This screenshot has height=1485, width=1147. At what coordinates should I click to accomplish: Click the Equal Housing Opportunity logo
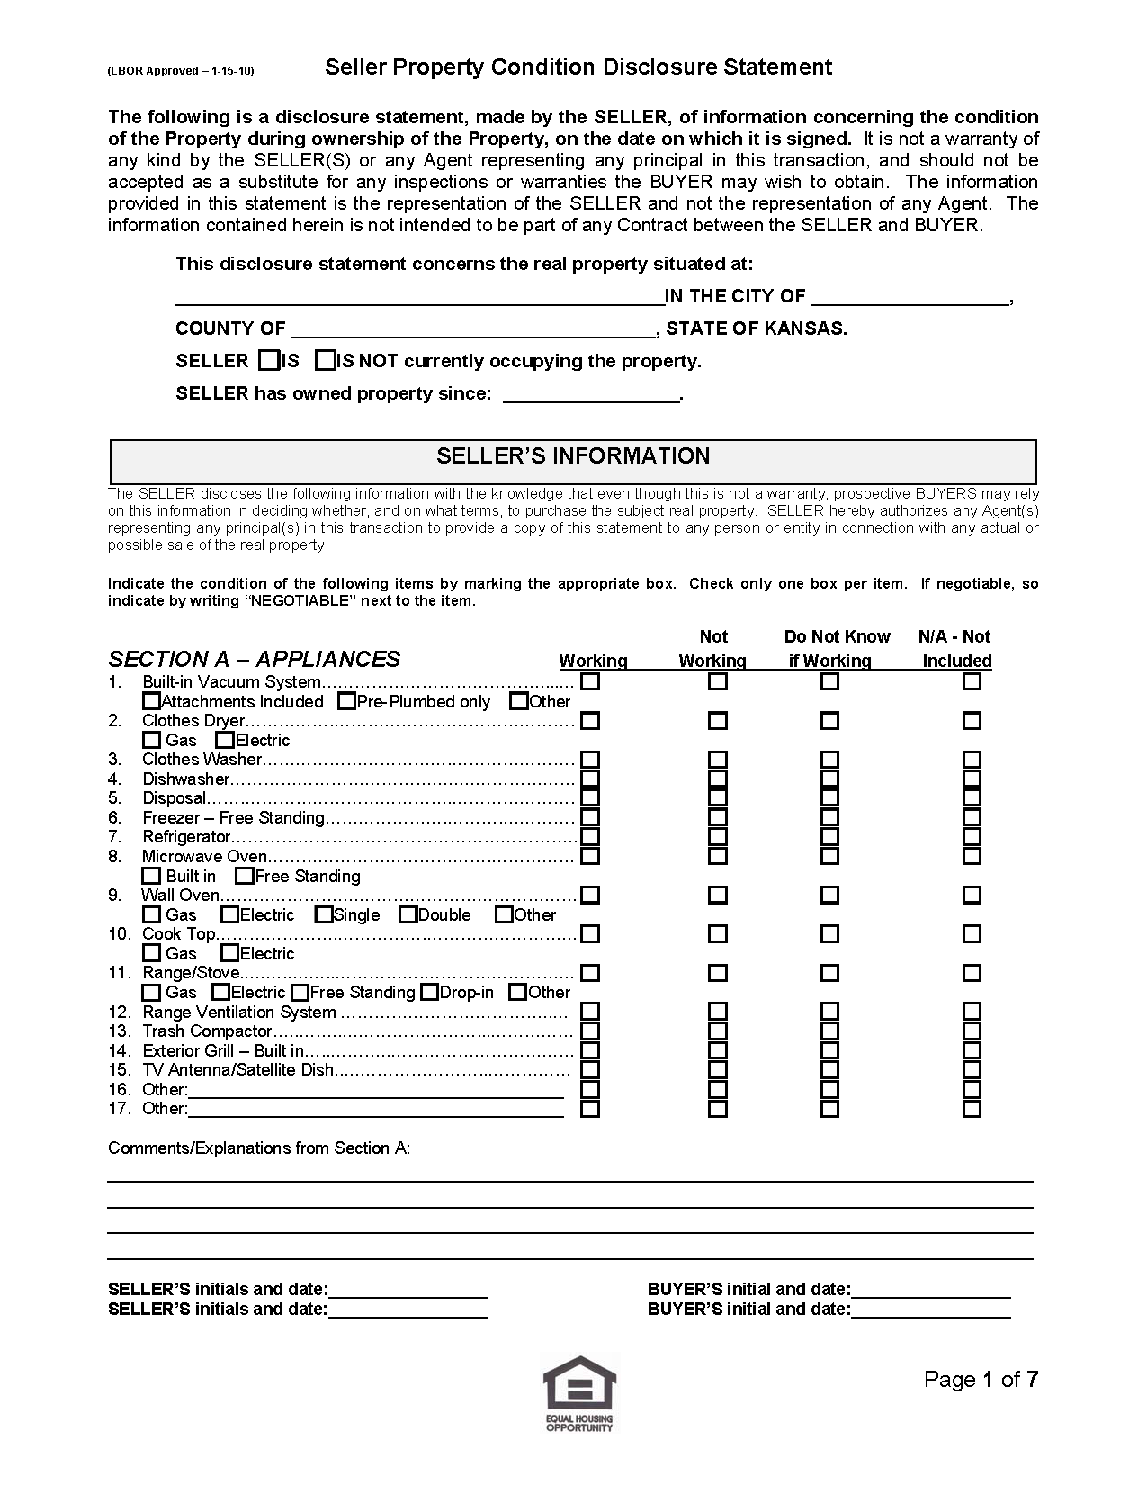(x=579, y=1393)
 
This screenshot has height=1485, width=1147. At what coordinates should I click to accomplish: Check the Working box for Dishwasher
(x=590, y=778)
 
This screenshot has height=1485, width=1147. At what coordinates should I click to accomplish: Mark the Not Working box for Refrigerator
(x=717, y=837)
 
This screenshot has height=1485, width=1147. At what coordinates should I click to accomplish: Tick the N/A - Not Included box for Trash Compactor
(x=972, y=1031)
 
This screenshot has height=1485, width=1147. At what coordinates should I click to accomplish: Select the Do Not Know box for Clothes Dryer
(x=829, y=721)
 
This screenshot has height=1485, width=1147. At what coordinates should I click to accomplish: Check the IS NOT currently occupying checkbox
(x=325, y=361)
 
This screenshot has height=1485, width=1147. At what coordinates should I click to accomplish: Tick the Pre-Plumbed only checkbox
(x=346, y=701)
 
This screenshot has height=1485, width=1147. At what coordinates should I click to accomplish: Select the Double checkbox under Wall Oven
(x=408, y=915)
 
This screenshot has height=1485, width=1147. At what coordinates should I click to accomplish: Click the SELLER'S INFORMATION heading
(x=573, y=456)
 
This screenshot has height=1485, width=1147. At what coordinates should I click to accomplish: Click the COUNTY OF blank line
(x=473, y=330)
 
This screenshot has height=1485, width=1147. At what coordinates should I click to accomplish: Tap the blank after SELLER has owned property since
(x=590, y=395)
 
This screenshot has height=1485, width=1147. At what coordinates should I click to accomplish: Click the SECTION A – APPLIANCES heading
(x=255, y=659)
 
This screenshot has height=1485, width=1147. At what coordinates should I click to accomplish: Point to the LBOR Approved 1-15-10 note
(x=181, y=70)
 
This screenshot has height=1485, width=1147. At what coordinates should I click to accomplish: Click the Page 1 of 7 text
(x=981, y=1380)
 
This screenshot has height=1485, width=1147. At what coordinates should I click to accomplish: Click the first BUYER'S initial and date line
(x=930, y=1291)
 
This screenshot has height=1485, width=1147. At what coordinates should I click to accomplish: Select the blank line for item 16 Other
(x=376, y=1091)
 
